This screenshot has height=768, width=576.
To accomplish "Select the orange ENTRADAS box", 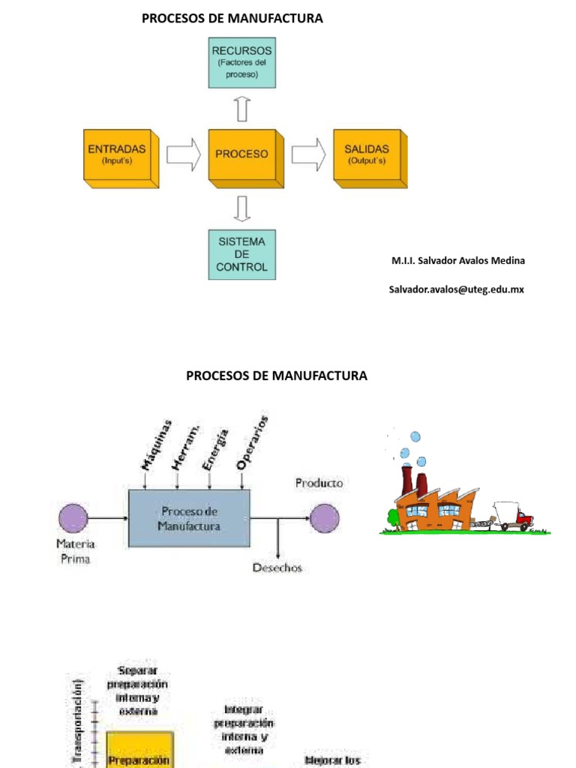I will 119,156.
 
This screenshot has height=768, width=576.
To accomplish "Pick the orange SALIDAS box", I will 368,156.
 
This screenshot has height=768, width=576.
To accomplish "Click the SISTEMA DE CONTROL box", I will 241,255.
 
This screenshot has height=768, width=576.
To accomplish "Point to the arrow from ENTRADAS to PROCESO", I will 183,154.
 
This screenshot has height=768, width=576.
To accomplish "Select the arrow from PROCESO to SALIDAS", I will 308,154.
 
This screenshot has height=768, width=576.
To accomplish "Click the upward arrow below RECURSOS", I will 241,109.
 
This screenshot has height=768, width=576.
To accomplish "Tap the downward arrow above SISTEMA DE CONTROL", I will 241,208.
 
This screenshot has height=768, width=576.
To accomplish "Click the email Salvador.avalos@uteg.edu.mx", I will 456,289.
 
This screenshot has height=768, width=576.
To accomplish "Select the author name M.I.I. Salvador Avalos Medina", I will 458,261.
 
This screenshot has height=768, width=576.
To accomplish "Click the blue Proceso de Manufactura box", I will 189,518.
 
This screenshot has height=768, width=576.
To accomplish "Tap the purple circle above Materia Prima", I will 73,517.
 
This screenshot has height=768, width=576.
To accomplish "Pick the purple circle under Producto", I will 325,517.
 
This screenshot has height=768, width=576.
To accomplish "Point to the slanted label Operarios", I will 252,442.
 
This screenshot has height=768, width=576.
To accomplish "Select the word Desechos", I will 277,568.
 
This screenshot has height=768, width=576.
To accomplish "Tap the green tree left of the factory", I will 392,517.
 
